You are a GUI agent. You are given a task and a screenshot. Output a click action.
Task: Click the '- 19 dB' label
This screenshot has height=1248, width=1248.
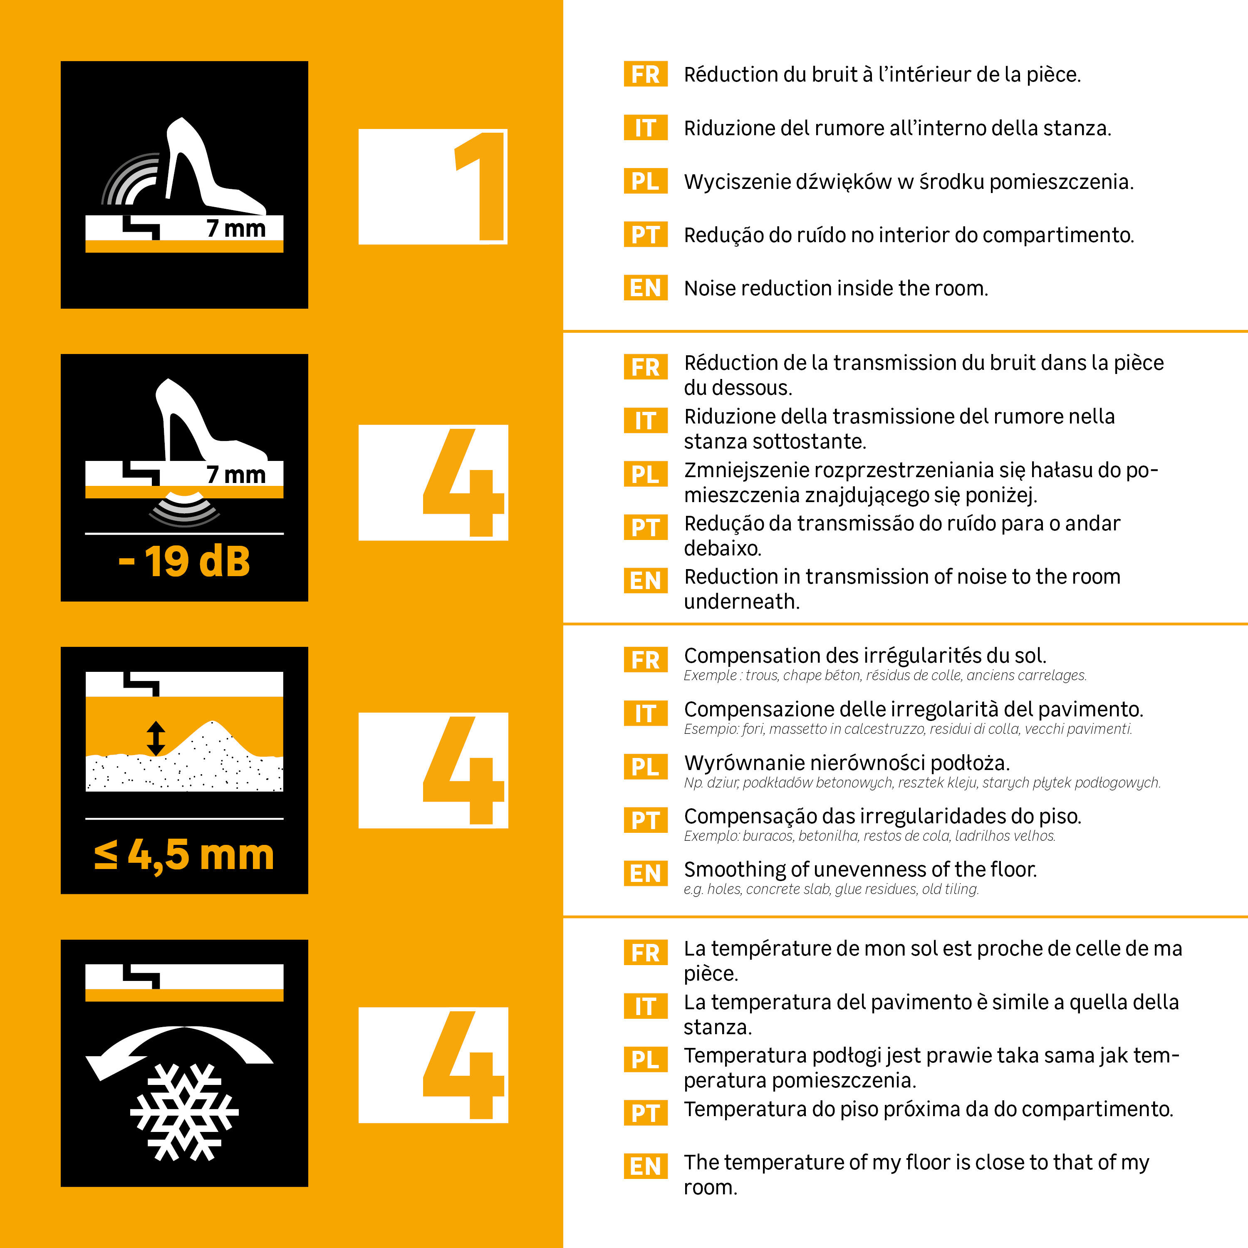pyautogui.click(x=184, y=561)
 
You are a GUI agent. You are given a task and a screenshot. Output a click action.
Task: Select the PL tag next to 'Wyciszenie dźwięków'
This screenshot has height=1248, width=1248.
pyautogui.click(x=645, y=181)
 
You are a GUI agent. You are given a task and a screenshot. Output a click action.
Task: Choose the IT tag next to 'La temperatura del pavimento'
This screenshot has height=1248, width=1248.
pyautogui.click(x=645, y=1006)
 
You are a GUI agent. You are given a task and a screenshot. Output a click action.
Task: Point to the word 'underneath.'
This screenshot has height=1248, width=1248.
pyautogui.click(x=742, y=602)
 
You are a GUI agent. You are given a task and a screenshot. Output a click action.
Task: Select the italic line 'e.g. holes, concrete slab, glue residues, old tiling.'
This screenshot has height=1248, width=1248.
pyautogui.click(x=831, y=889)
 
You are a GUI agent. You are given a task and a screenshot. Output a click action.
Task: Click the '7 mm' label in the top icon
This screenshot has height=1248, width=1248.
pyautogui.click(x=236, y=228)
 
